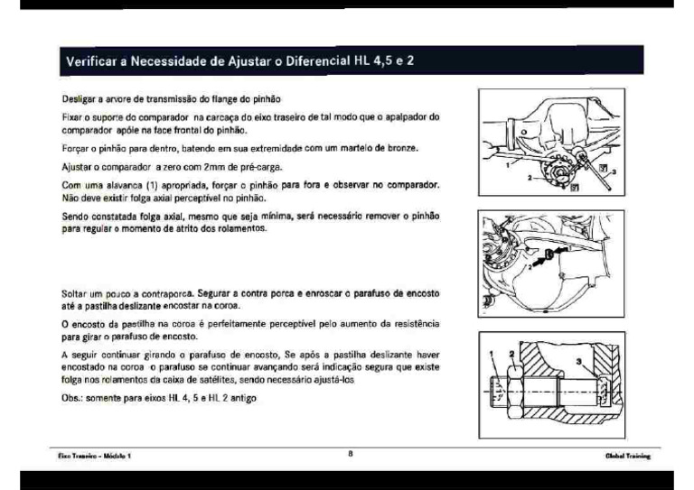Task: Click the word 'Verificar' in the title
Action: [93, 62]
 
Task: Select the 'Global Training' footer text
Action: [628, 457]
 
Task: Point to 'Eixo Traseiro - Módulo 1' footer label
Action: [90, 457]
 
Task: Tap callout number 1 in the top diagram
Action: [508, 168]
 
